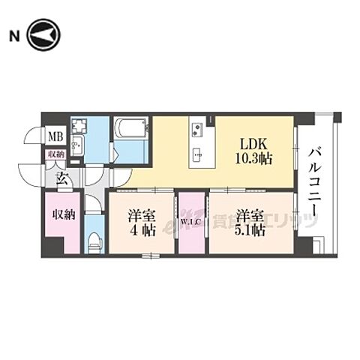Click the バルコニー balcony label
316,179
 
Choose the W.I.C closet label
188,222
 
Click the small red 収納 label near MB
55,154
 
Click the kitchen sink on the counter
197,155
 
